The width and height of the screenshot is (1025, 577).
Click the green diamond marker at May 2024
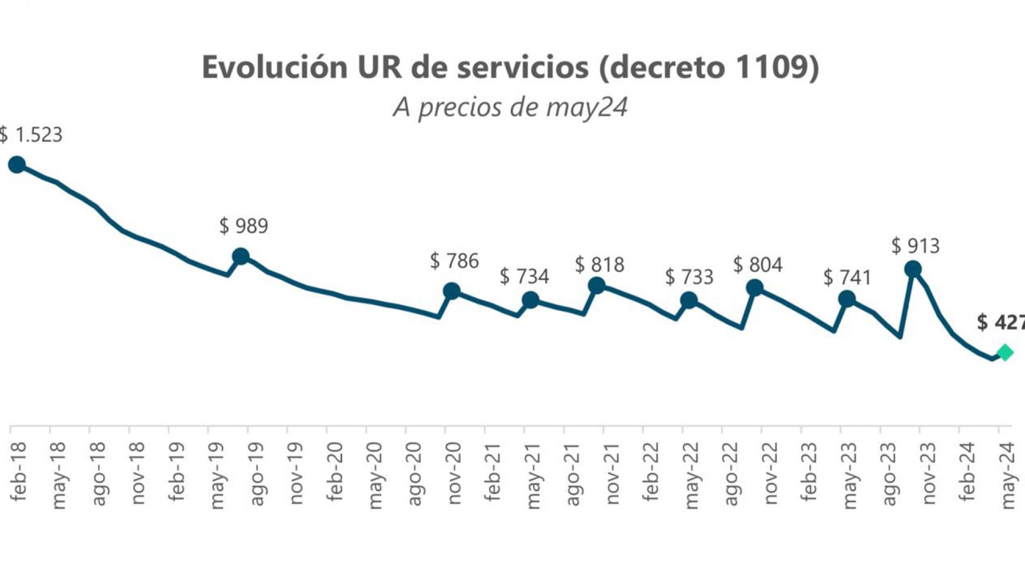point(1004,353)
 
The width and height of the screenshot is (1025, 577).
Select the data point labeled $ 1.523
point(17,164)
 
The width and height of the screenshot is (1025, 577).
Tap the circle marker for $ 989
point(241,256)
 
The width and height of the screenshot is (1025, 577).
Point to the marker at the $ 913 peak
point(913,269)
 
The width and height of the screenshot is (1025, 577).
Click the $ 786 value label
point(454,261)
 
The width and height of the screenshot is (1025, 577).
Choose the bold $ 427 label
point(1000,322)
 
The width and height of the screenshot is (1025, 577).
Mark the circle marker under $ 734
point(530,300)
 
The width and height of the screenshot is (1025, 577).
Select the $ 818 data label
point(600,264)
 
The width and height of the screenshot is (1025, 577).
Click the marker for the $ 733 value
point(689,300)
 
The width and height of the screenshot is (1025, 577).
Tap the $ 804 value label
point(758,264)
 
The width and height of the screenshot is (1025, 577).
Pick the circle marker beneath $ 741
point(847,299)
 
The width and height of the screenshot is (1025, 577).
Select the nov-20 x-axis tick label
point(453,473)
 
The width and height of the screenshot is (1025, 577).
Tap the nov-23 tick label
point(928,473)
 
